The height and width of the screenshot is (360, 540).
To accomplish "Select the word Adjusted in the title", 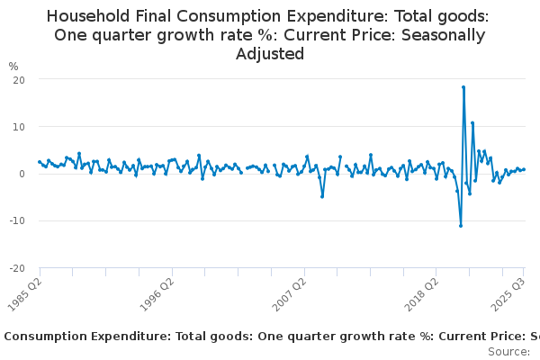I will point(270,54).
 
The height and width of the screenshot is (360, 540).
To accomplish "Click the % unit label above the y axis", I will point(13,67).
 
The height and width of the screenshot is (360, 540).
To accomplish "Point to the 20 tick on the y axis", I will point(18,79).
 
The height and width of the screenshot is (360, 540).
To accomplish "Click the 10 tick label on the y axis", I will point(18,126).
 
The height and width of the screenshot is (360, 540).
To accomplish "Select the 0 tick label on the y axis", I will point(21,174).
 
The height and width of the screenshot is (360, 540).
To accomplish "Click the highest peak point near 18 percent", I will point(463,87).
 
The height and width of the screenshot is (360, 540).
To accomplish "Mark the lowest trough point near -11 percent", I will point(460,225).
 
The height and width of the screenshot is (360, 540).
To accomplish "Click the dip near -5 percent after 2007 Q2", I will point(322,196).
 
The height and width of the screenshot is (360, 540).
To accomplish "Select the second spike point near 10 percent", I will point(472,123).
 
